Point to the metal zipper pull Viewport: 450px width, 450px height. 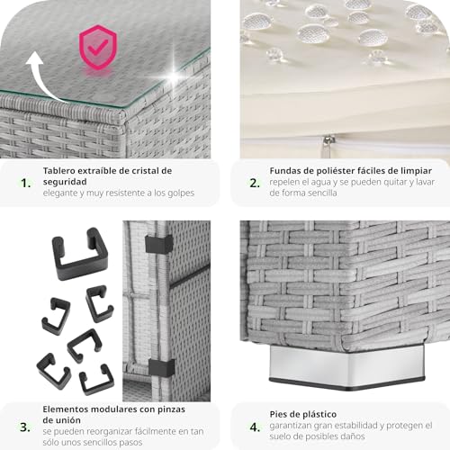click(x=329, y=144)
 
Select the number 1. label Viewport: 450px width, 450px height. click(x=26, y=183)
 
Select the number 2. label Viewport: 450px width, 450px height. click(x=255, y=183)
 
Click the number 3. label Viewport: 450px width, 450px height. click(x=25, y=427)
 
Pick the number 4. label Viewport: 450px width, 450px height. click(x=255, y=427)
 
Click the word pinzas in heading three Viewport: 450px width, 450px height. click(x=171, y=409)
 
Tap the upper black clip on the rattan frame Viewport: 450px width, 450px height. click(x=159, y=244)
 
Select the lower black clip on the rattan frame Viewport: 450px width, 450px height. click(x=161, y=368)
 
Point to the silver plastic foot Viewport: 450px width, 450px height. click(x=347, y=366)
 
